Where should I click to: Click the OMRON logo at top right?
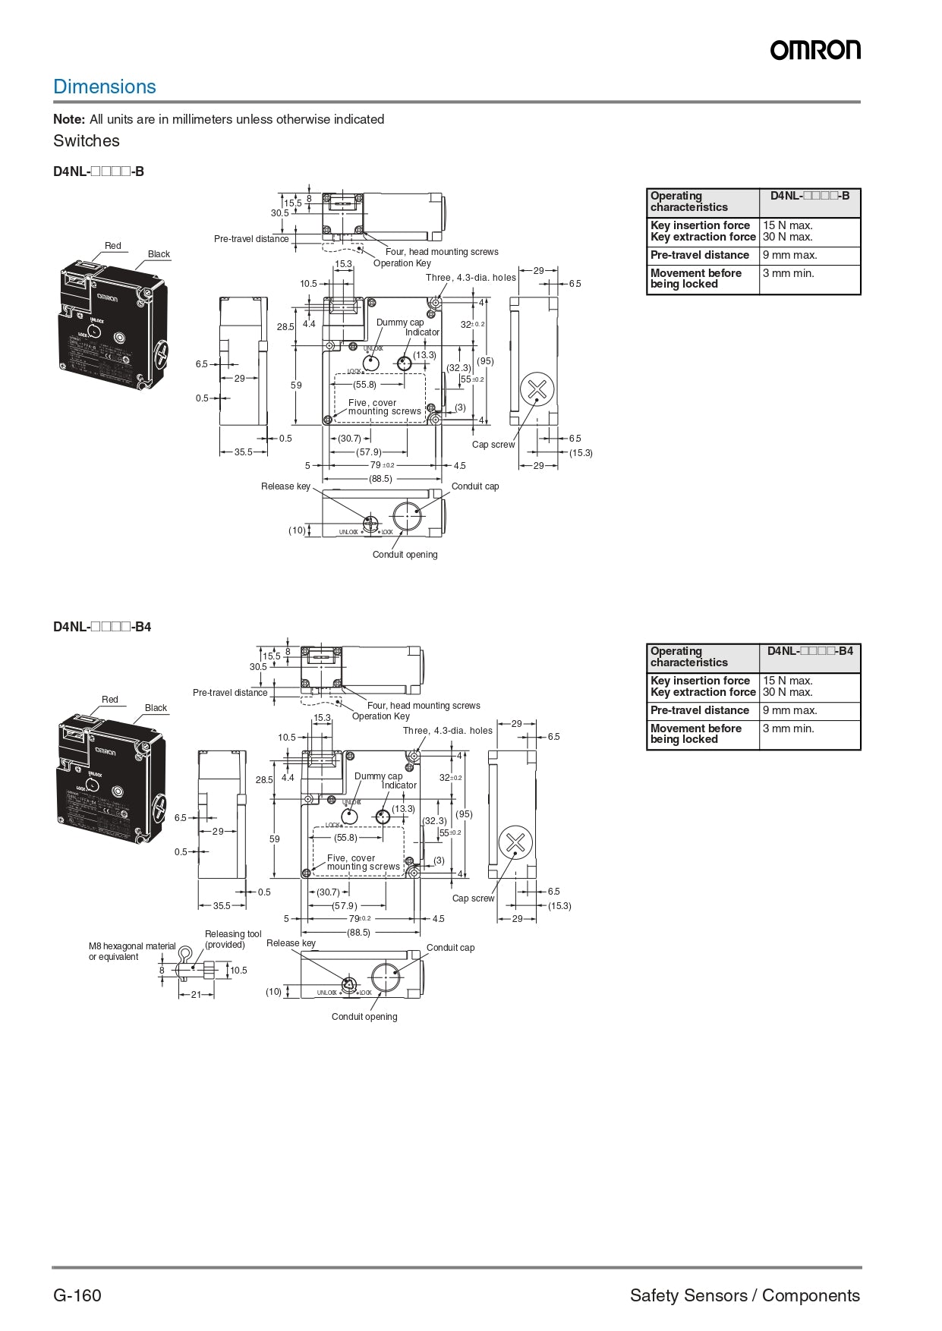pos(815,50)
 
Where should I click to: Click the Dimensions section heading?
pos(105,87)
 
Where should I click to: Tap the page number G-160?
pos(77,1295)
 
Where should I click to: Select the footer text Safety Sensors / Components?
pos(745,1295)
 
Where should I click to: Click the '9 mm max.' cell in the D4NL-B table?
pos(789,255)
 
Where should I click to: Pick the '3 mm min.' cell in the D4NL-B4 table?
pos(788,728)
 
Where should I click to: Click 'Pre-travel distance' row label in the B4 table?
pos(699,710)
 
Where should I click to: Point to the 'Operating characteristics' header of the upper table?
pos(688,201)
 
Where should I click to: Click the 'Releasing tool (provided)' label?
pos(232,939)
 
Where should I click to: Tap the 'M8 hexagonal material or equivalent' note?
pos(131,952)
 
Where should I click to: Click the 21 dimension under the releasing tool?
pos(196,994)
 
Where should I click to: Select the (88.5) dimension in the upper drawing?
pos(381,479)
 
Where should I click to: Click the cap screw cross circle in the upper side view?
pos(537,390)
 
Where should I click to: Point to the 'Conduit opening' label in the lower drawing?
pos(364,1017)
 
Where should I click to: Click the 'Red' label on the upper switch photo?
pos(112,246)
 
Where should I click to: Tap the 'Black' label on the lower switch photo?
pos(156,708)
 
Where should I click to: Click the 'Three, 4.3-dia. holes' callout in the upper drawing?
pos(471,278)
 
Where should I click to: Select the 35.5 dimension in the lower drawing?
pos(222,905)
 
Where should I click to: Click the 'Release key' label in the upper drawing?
pos(285,486)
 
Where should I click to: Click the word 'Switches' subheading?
pos(87,141)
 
